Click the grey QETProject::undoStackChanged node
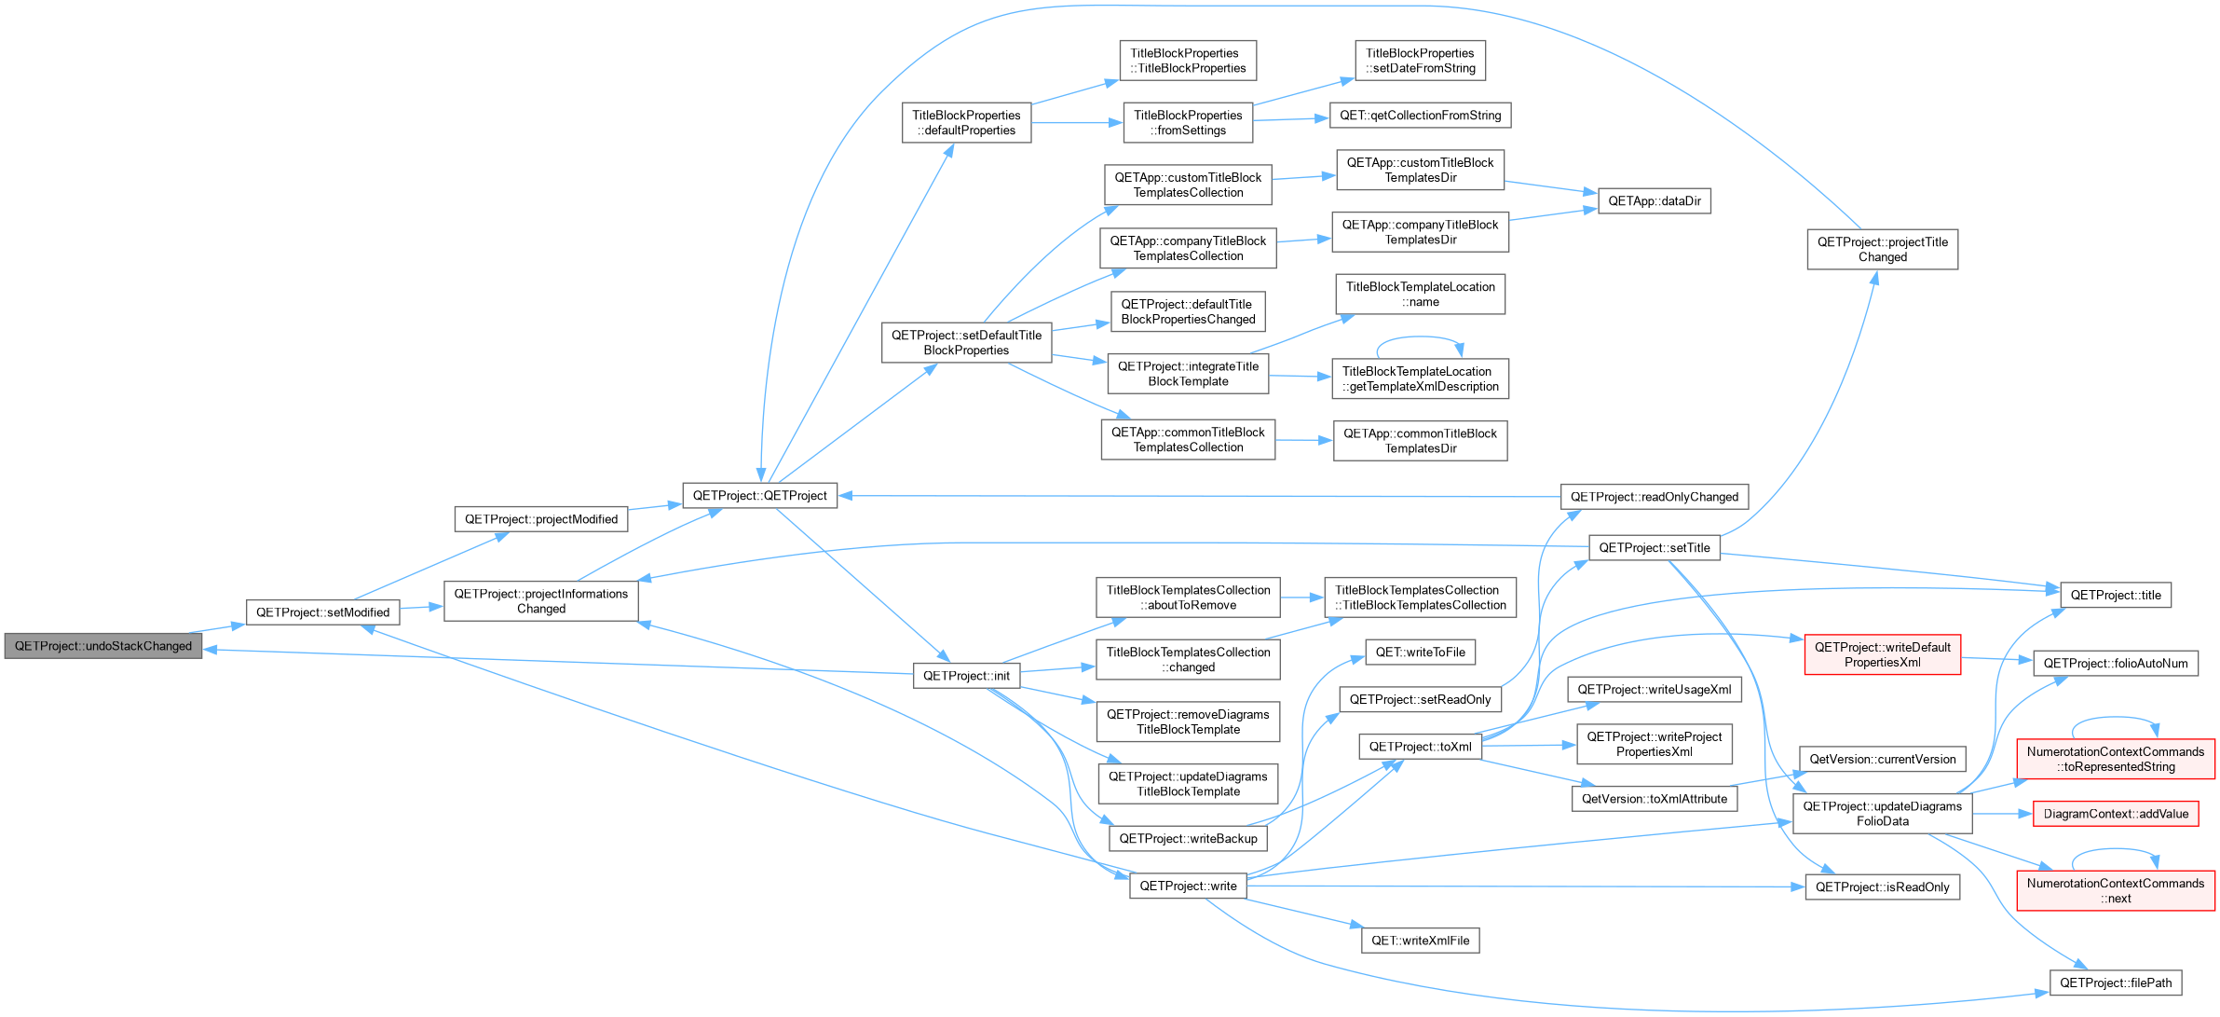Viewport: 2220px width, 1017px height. coord(103,646)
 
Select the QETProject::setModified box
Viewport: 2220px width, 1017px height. coord(323,612)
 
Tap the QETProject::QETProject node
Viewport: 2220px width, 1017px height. coord(760,496)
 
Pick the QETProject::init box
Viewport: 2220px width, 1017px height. coord(967,676)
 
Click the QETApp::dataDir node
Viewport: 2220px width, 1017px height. coord(1655,201)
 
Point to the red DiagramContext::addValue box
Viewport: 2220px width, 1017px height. coord(2117,814)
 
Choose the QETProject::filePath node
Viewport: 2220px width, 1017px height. coord(2116,983)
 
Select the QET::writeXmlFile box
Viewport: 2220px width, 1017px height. coord(1421,941)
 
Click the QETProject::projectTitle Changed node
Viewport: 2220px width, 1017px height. coord(1883,250)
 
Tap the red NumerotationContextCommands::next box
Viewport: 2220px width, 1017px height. coord(2116,891)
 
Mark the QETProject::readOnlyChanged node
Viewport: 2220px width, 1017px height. coord(1655,497)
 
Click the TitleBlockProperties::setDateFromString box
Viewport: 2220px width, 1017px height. coord(1421,61)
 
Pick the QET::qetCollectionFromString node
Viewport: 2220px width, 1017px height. coord(1421,116)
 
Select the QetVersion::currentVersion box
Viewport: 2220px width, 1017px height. coord(1883,760)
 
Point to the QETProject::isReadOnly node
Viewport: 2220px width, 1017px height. coord(1883,887)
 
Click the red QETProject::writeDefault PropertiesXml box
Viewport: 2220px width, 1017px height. coord(1883,655)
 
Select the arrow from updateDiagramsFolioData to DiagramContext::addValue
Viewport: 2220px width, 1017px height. coord(2002,814)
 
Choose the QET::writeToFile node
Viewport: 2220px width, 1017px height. coord(1421,653)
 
